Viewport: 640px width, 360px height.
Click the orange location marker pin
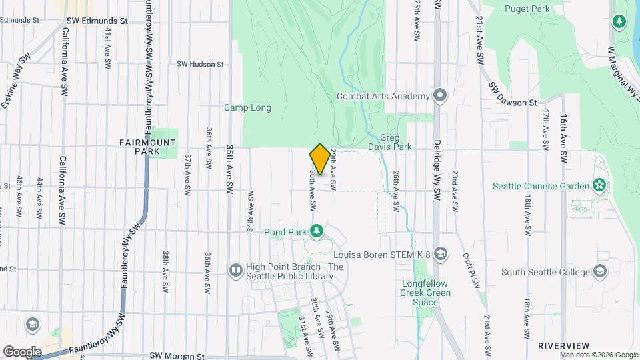(320, 159)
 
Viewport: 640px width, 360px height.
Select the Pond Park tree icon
(317, 231)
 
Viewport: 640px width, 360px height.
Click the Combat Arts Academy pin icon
(439, 96)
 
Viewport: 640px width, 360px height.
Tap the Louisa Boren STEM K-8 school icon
(440, 253)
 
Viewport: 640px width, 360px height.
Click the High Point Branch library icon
(235, 270)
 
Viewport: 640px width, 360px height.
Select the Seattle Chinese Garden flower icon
(599, 185)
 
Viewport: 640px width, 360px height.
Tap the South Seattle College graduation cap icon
(600, 271)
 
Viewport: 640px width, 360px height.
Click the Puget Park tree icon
(619, 21)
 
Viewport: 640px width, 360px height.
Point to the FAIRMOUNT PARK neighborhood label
(147, 147)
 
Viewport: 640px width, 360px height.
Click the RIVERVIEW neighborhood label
(563, 345)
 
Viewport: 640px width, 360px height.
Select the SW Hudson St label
(200, 64)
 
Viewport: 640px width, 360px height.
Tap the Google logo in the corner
(23, 351)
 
